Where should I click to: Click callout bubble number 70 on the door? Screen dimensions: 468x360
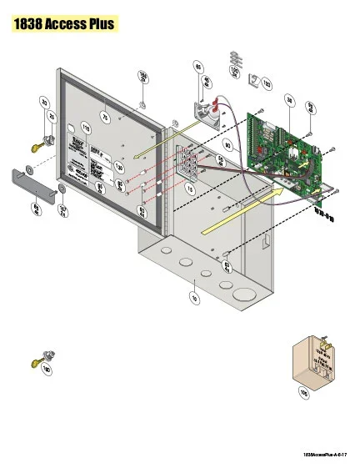(x=105, y=118)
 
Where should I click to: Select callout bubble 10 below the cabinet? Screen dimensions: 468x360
(x=194, y=296)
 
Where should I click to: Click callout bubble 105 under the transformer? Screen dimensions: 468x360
(x=302, y=390)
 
